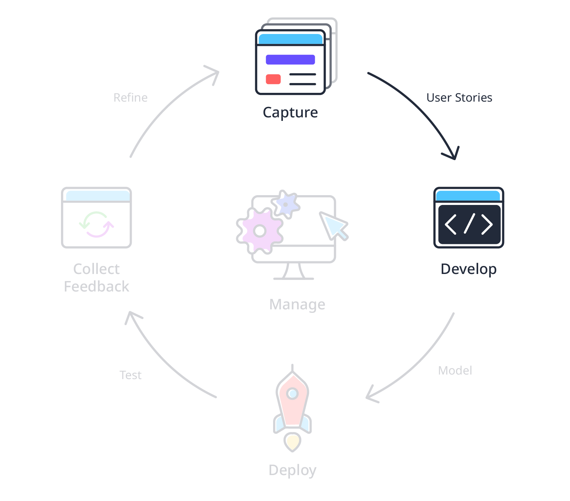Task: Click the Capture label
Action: [x=290, y=112]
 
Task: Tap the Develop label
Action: [x=468, y=269]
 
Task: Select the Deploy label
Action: [x=292, y=470]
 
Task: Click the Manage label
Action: [x=297, y=304]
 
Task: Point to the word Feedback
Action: [x=97, y=287]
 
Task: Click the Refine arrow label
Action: [x=130, y=97]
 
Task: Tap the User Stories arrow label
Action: [x=459, y=97]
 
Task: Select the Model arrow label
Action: [x=455, y=370]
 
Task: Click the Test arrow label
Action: [x=130, y=375]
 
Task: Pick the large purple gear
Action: [x=260, y=231]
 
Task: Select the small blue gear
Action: [x=286, y=204]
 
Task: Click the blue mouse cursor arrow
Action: [x=333, y=225]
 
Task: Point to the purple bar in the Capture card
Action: [x=290, y=60]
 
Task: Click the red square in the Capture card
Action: [x=273, y=79]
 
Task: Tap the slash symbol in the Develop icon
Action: [x=469, y=224]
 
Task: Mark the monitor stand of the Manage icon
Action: [x=293, y=271]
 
